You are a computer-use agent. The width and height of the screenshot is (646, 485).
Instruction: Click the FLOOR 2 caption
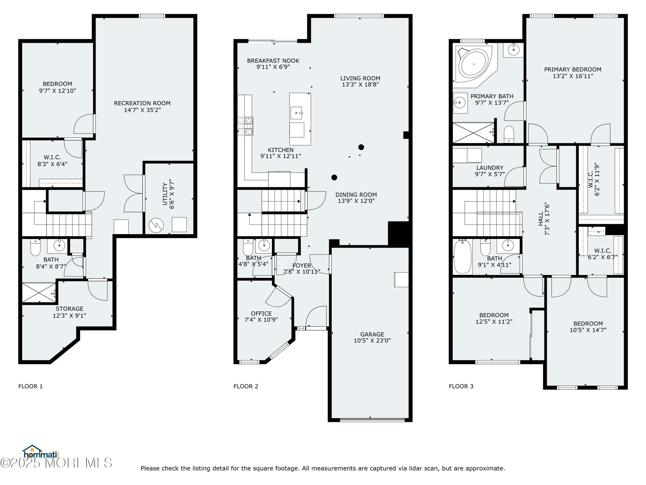point(246,386)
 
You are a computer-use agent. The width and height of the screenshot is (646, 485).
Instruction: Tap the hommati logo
point(41,452)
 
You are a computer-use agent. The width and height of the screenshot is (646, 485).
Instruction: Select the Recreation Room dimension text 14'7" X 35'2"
point(142,110)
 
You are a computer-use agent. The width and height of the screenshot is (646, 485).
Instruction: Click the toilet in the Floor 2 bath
point(248,247)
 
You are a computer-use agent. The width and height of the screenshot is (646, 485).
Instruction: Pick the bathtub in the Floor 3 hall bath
point(463,256)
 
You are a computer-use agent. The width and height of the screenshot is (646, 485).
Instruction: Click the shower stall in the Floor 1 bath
point(39,292)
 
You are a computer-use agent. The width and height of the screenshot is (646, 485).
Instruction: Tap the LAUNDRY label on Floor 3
point(490,168)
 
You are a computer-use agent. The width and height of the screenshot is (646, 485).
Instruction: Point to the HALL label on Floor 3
point(540,219)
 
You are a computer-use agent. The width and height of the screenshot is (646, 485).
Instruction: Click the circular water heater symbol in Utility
point(156,225)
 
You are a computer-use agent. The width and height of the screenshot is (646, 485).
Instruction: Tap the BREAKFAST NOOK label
point(273,61)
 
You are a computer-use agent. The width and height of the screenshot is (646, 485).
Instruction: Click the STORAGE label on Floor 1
point(70,309)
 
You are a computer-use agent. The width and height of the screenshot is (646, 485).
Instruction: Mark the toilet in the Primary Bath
point(509,134)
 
